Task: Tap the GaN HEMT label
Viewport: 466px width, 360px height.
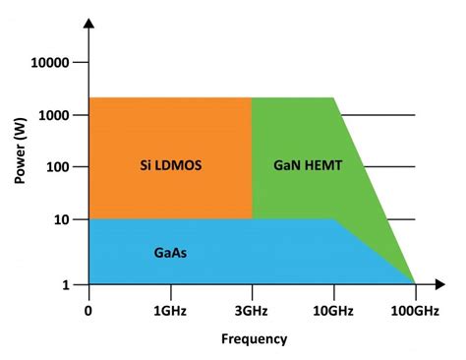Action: pos(308,165)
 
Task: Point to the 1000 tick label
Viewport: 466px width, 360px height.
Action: pos(51,115)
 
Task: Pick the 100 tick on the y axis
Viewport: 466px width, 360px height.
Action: pos(55,166)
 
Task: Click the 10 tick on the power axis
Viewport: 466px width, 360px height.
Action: pos(59,218)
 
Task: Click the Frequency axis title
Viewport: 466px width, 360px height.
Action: pos(253,339)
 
